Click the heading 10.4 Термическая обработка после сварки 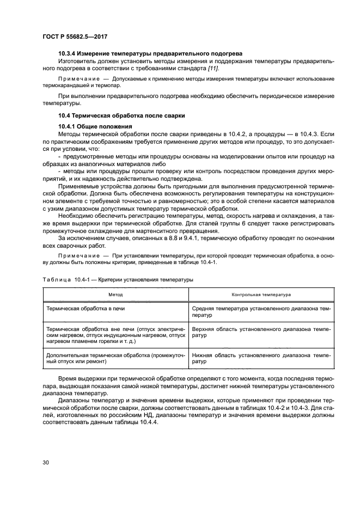(121, 115)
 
